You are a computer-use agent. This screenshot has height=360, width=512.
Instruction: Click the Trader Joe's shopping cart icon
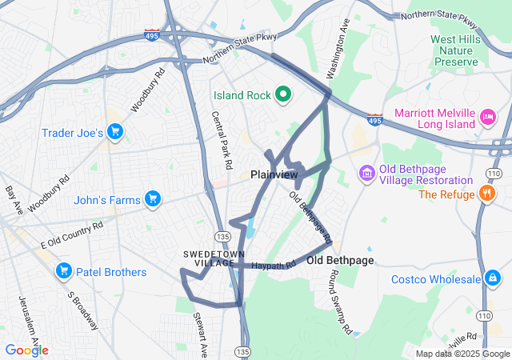115,132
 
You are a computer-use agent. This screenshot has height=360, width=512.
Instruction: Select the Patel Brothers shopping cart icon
63,272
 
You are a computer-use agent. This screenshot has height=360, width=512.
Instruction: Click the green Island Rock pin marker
282,95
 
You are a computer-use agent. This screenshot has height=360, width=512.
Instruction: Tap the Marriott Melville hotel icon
486,119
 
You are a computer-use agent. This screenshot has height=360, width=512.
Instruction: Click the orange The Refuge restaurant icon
486,194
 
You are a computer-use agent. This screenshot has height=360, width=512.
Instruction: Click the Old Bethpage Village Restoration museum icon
366,172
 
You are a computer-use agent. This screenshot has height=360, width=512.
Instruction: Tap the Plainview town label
274,174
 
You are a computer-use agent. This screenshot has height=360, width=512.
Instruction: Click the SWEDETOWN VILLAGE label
210,258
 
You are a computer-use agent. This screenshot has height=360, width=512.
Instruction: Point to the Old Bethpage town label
340,261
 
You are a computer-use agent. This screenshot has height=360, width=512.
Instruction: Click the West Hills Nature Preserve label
460,50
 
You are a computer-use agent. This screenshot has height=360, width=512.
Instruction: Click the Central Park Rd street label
222,139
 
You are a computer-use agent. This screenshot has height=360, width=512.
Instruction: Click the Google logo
26,350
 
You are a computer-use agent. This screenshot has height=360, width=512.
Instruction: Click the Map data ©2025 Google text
462,354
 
